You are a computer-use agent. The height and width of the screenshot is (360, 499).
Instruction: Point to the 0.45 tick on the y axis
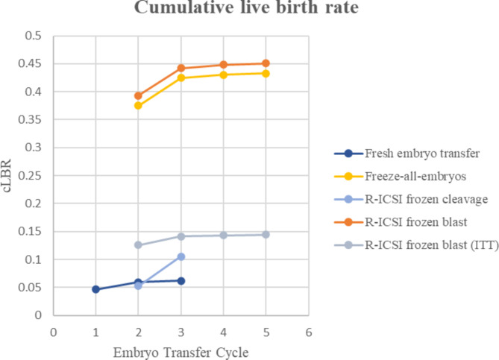31,64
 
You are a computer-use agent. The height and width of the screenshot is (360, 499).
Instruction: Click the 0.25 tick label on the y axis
31,176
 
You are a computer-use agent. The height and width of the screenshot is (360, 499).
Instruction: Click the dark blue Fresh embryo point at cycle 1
95,289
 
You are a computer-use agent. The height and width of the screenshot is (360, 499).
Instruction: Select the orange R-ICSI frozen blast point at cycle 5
266,63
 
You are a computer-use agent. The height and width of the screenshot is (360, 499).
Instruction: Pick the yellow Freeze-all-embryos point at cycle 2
138,106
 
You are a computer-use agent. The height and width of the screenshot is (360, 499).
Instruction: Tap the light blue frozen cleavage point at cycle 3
181,256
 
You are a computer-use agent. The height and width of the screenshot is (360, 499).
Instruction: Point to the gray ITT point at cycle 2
138,245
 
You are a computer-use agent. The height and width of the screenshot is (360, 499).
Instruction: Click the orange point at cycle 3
181,68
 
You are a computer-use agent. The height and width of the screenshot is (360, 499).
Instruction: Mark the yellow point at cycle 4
223,75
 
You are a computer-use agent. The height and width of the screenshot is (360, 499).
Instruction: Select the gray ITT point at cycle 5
266,235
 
